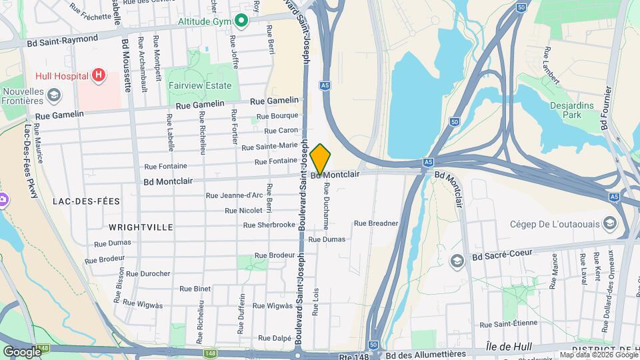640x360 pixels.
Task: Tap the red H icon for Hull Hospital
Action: (x=99, y=75)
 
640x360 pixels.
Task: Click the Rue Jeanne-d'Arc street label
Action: (x=234, y=195)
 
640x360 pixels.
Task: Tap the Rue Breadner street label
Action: (x=376, y=223)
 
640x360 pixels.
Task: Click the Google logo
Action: (x=21, y=351)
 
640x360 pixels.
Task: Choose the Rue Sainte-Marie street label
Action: (x=269, y=146)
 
